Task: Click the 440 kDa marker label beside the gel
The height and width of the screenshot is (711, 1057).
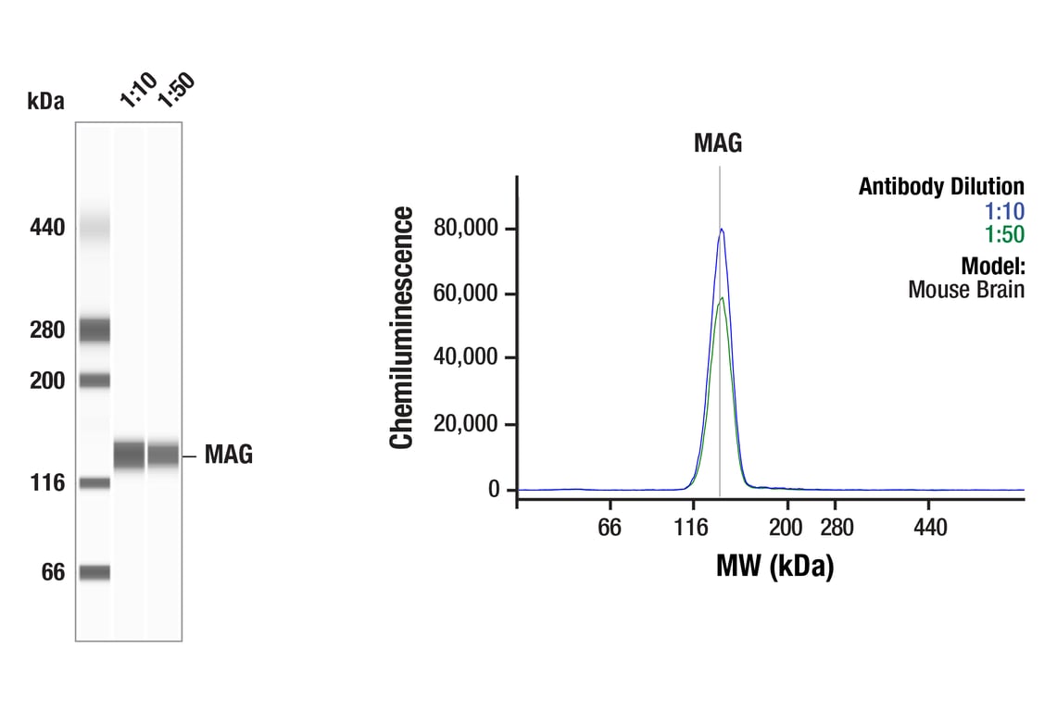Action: (46, 227)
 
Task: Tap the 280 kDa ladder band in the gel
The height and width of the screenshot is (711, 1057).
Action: (94, 330)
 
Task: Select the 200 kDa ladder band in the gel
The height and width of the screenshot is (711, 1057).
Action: (94, 380)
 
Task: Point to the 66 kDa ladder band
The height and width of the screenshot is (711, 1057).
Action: (94, 572)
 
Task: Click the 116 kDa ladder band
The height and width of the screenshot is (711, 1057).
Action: (94, 482)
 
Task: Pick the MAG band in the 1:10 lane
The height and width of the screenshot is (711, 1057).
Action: (130, 455)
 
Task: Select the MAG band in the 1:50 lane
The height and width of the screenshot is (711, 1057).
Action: (163, 455)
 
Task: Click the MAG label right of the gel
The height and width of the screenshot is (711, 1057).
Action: (228, 455)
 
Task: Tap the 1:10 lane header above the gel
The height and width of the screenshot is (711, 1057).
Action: (137, 94)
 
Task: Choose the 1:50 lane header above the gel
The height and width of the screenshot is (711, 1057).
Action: (175, 91)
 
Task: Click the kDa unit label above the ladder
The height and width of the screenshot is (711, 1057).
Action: (46, 102)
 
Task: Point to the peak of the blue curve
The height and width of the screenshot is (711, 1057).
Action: (721, 230)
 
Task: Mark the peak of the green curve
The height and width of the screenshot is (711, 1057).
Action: (722, 298)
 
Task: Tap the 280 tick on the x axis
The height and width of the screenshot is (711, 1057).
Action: (837, 529)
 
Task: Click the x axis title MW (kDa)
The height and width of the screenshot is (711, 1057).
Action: (774, 565)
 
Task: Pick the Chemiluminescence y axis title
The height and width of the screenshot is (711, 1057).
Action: (402, 328)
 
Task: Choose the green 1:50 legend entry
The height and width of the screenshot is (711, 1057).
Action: (1005, 234)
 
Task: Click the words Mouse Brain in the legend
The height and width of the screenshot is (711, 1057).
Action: (965, 290)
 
